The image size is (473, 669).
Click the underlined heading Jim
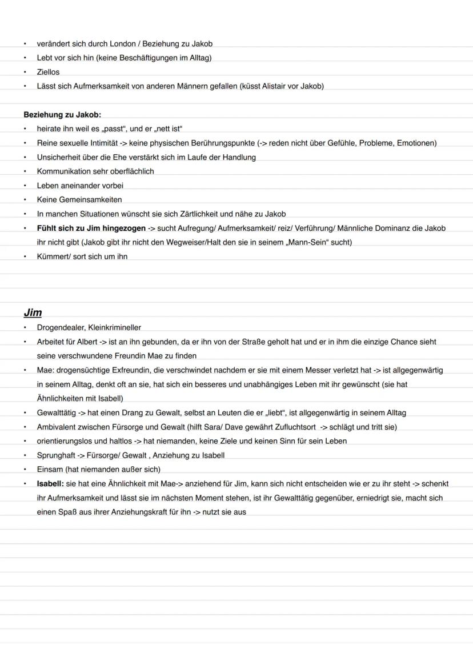point(33,313)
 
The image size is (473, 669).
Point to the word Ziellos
point(48,72)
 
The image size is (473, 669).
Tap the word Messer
point(311,370)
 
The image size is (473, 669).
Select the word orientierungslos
point(66,441)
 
